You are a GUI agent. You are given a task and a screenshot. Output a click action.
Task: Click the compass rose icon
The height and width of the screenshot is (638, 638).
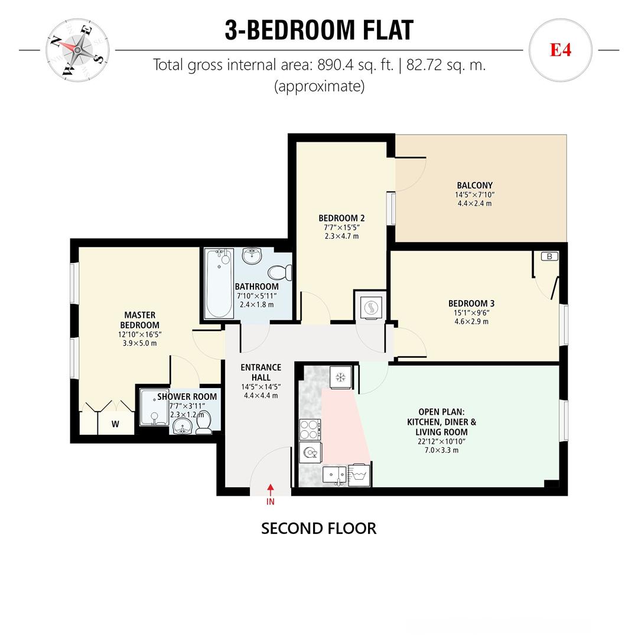77,50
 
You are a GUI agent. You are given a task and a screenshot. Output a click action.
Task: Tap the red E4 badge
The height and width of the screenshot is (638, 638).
560,50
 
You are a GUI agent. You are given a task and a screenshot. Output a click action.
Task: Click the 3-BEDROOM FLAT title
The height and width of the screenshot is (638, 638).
319,30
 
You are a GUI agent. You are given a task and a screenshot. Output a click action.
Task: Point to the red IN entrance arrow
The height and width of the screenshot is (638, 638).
271,490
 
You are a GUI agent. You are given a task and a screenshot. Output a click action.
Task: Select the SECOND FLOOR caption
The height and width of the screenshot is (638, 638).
318,528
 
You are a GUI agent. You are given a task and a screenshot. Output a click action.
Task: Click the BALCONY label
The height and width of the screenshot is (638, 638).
474,185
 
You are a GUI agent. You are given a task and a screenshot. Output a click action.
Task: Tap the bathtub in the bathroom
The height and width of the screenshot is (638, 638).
218,283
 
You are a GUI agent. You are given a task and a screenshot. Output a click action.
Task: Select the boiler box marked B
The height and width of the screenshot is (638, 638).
549,256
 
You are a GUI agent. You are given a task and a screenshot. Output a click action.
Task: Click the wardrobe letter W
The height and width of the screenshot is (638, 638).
115,424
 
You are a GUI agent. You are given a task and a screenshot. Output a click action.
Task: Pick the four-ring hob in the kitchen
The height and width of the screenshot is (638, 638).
310,429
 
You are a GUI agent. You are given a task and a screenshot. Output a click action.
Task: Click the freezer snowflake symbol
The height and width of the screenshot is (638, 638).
340,377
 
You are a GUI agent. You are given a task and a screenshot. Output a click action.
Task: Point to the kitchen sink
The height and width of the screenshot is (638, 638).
334,475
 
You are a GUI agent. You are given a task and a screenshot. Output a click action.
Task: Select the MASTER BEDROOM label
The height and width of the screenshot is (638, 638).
139,320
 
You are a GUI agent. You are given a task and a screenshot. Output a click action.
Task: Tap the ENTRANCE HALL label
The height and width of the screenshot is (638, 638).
261,372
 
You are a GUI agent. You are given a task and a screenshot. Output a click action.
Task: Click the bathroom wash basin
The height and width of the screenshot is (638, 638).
252,256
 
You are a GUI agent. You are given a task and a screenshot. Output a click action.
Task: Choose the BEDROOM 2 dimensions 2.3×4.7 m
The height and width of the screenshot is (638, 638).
341,236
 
